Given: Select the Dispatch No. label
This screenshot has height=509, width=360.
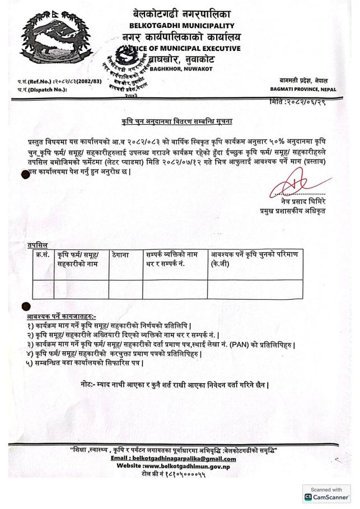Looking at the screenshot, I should [x=43, y=89].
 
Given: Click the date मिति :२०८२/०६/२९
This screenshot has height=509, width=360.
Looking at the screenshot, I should [x=312, y=102].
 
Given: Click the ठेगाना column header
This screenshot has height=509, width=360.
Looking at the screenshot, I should [x=120, y=255].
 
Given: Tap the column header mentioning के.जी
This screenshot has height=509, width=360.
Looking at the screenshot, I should [x=255, y=259].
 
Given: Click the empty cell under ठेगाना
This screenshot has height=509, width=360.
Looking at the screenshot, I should [x=125, y=289].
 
